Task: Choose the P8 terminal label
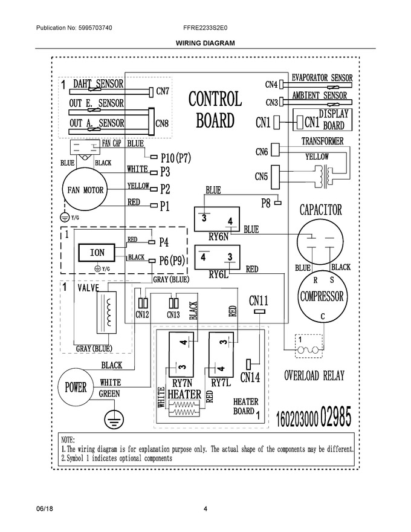(265, 203)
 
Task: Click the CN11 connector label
(259, 300)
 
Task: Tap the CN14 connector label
(250, 377)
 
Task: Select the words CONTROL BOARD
(215, 109)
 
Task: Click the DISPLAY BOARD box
(322, 120)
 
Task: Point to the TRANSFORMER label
(323, 141)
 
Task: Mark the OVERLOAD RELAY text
(314, 375)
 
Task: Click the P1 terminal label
(165, 206)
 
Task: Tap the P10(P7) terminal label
(176, 158)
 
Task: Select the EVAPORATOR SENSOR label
(322, 78)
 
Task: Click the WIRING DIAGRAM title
(205, 43)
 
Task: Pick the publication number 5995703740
(95, 28)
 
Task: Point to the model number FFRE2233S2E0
(205, 28)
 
